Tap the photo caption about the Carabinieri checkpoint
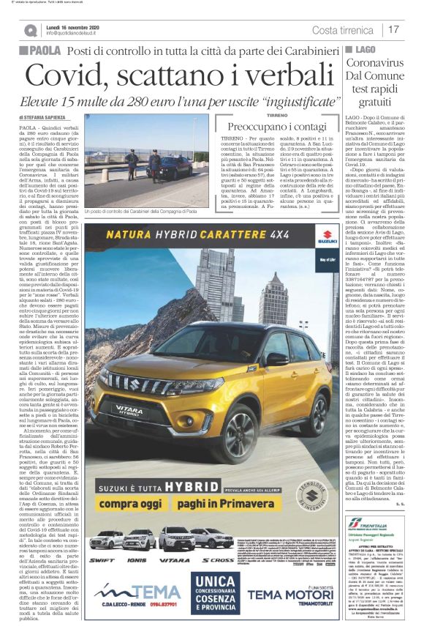[x=141, y=231]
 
